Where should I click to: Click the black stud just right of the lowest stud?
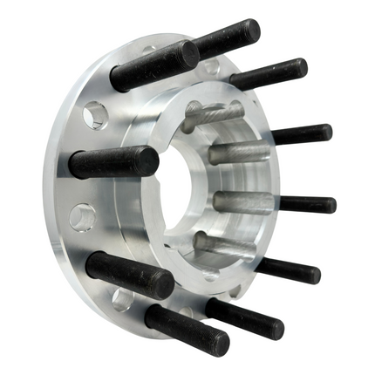click(x=249, y=319)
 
